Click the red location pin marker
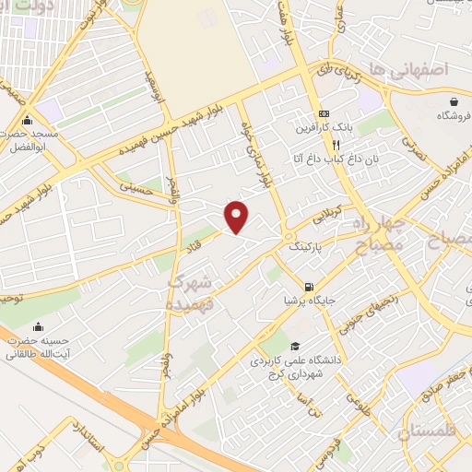tap(238, 216)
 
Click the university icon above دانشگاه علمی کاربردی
tap(294, 347)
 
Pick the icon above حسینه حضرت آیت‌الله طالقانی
tap(38, 326)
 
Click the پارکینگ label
tap(307, 248)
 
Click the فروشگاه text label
tap(453, 116)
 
